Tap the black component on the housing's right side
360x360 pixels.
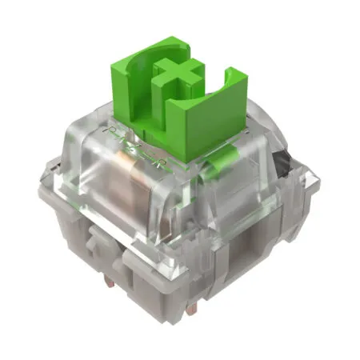[x=279, y=167]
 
